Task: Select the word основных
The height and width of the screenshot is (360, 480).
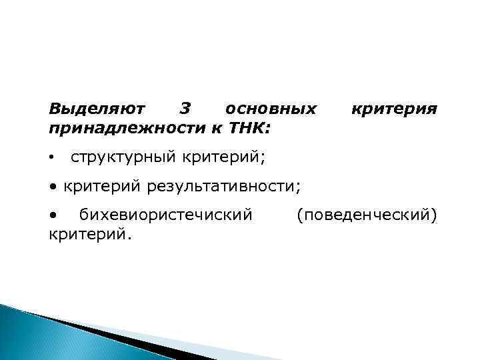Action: point(271,108)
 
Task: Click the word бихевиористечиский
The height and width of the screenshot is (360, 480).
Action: point(166,215)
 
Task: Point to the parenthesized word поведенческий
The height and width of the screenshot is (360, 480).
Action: point(367,215)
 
